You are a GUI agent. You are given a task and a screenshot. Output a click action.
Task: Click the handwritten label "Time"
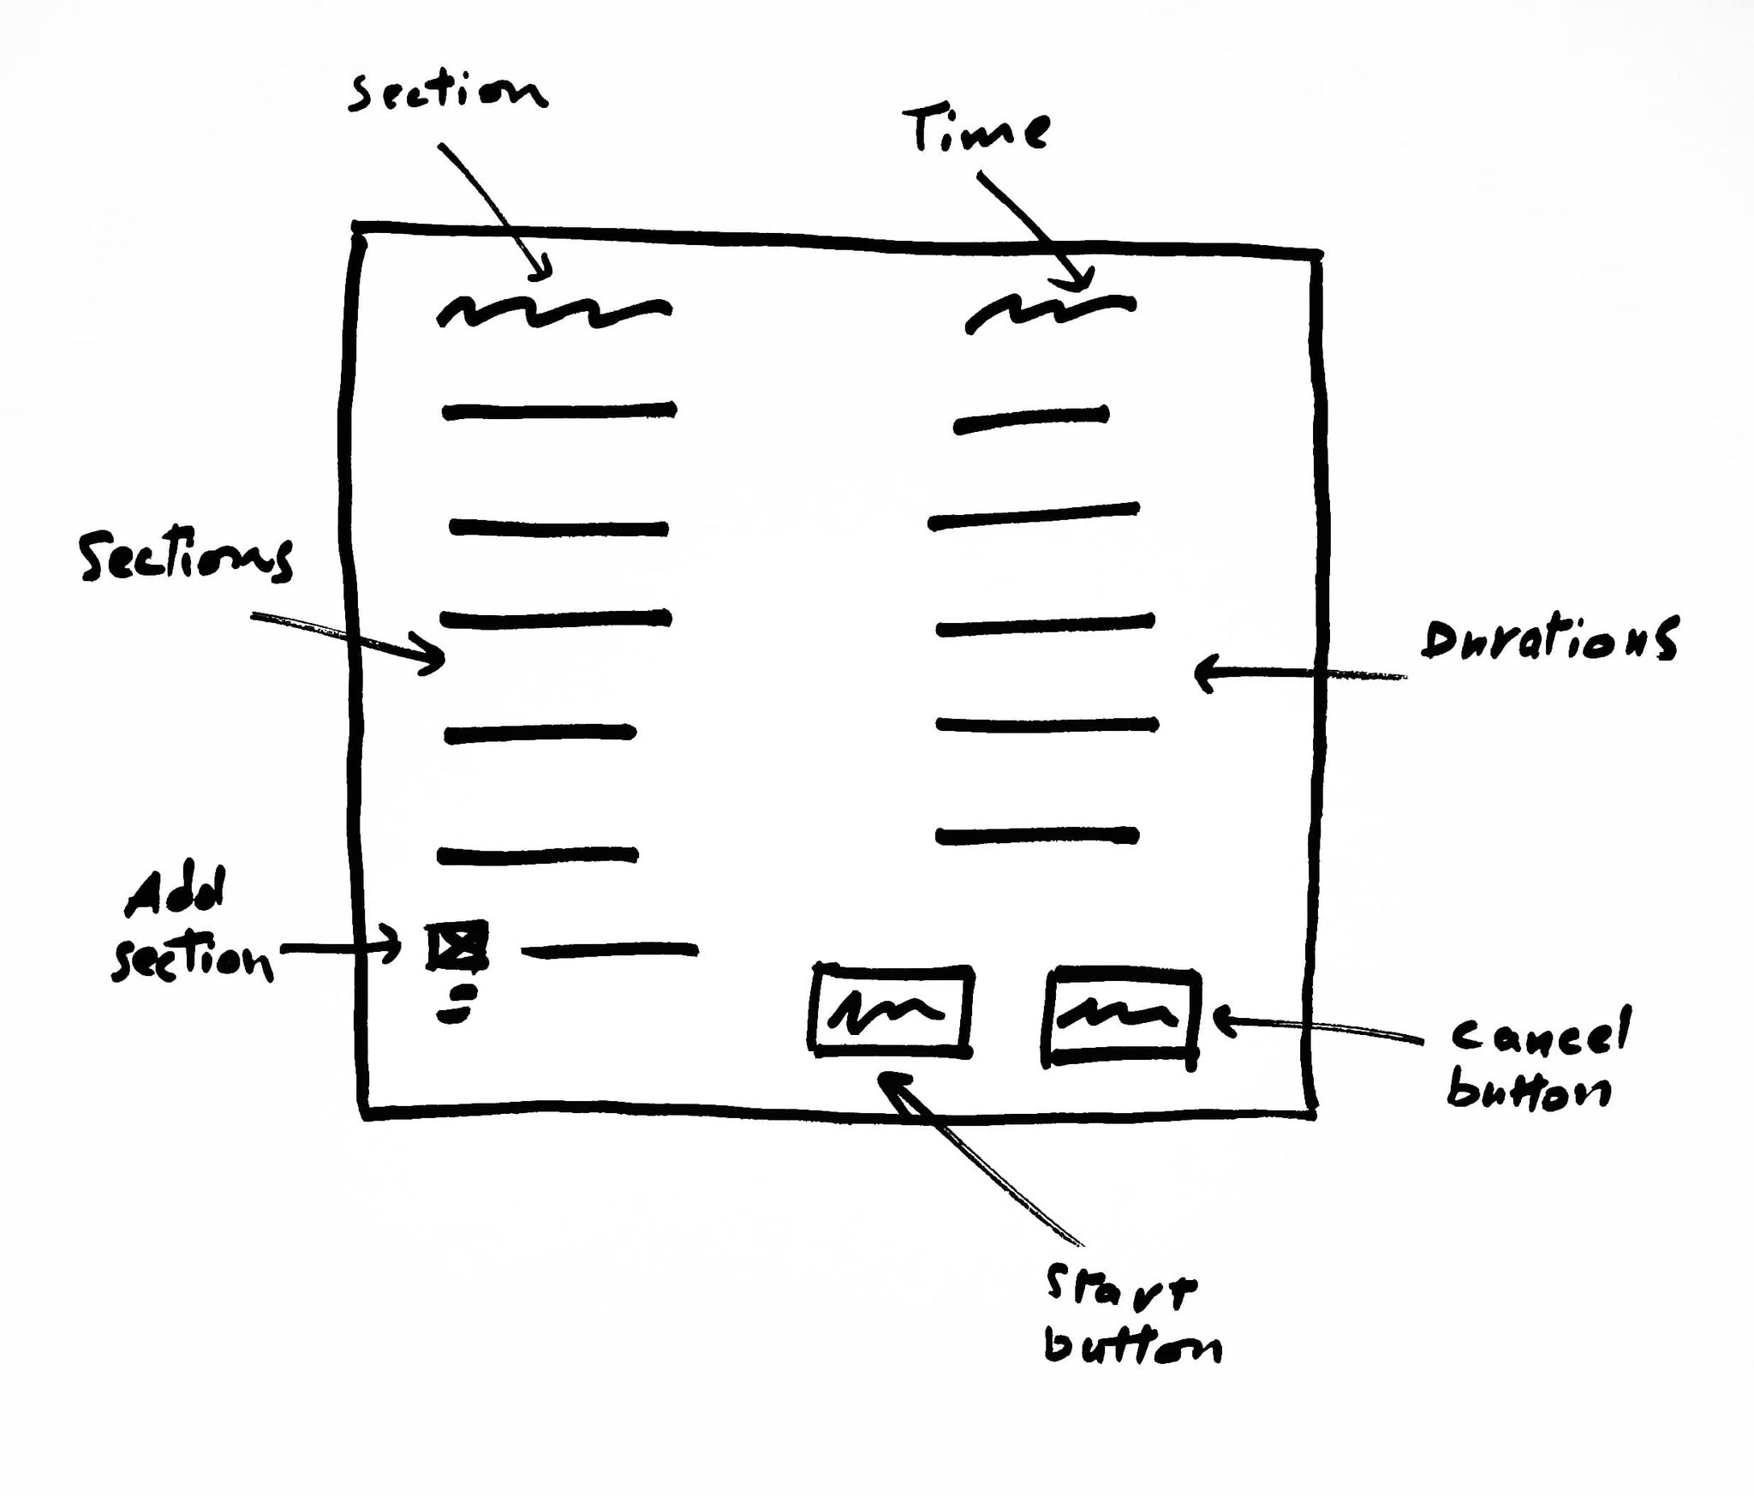[x=976, y=131]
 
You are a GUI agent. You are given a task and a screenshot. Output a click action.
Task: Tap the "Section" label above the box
[x=447, y=93]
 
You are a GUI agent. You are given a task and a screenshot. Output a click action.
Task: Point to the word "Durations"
[x=1548, y=640]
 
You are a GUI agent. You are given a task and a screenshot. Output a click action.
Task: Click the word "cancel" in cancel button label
[x=1540, y=1034]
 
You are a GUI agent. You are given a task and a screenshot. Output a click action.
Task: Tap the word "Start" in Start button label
[x=1119, y=1290]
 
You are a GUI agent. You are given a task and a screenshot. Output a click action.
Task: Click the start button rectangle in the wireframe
[x=892, y=1011]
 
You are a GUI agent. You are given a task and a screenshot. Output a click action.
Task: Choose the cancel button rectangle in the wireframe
[x=1121, y=1017]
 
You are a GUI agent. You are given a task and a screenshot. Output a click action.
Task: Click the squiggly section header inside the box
[x=553, y=311]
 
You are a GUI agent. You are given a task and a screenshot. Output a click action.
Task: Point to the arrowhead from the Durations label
[x=1204, y=673]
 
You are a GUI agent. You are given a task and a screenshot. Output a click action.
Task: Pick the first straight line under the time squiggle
[x=1031, y=420]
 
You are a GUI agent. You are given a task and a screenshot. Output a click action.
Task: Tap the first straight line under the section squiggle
[x=558, y=411]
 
